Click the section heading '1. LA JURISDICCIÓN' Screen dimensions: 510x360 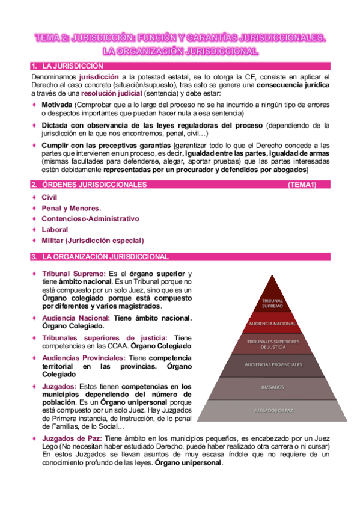point(72,66)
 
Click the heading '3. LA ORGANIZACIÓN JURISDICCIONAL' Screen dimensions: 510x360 point(105,257)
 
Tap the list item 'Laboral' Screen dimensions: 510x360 point(55,230)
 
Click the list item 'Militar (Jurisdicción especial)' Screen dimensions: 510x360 point(93,241)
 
